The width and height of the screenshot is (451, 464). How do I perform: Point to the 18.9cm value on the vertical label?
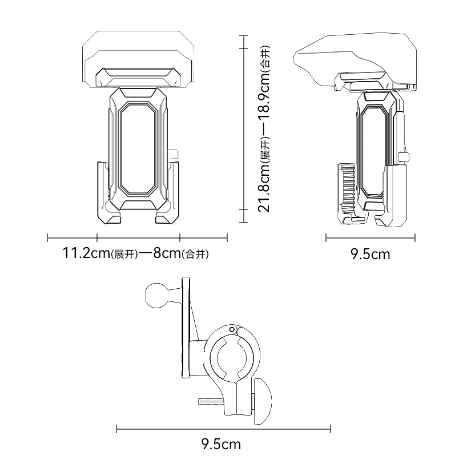pyautogui.click(x=264, y=108)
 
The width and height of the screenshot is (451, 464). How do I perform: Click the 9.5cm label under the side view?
pyautogui.click(x=371, y=254)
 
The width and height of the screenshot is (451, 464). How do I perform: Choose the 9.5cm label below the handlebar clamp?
pyautogui.click(x=221, y=443)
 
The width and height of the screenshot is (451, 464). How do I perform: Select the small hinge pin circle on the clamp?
pyautogui.click(x=232, y=330)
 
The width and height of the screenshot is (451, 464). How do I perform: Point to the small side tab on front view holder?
pyautogui.click(x=175, y=153)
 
